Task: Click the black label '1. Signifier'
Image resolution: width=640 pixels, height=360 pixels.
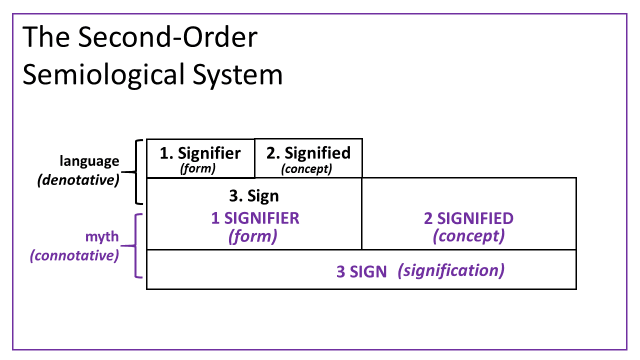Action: pos(200,153)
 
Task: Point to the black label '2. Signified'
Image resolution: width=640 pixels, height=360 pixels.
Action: pos(308,153)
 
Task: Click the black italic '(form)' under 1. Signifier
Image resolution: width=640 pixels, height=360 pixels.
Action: pos(197,168)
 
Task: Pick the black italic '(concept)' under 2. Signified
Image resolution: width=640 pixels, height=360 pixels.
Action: pos(306,169)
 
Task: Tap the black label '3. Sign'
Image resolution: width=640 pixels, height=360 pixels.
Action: pos(254,196)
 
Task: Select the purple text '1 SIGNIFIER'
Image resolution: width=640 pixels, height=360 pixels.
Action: pos(254,218)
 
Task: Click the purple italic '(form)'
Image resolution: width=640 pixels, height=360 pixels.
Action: pos(253,235)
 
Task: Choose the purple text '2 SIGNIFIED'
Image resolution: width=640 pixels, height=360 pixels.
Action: pos(468,218)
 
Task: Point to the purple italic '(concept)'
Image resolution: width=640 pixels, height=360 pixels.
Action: pos(468,235)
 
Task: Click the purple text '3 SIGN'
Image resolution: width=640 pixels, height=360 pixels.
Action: pos(361,271)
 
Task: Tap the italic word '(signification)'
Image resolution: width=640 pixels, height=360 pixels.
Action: pos(451,270)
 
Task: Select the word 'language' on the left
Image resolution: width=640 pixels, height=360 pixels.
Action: pos(89,161)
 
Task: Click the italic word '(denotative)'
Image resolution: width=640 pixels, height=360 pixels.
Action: pos(78,180)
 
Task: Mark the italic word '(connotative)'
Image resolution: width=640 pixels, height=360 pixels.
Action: pos(74,255)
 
